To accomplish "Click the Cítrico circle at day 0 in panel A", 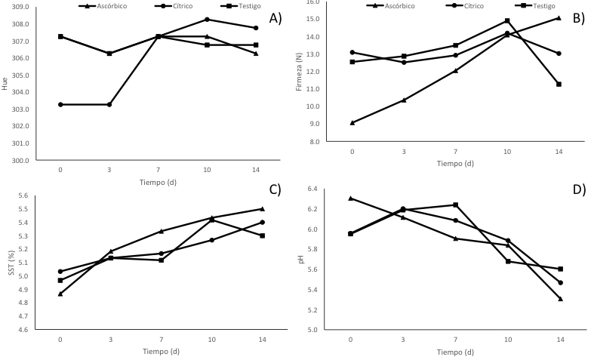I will (60, 104).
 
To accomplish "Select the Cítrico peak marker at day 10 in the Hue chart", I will (208, 20).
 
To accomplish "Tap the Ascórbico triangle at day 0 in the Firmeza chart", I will (352, 122).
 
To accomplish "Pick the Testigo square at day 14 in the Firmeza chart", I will (559, 84).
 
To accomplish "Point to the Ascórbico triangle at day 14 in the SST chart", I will (262, 209).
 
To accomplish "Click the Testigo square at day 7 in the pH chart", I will (455, 205).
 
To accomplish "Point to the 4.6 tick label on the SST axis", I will (24, 330).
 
